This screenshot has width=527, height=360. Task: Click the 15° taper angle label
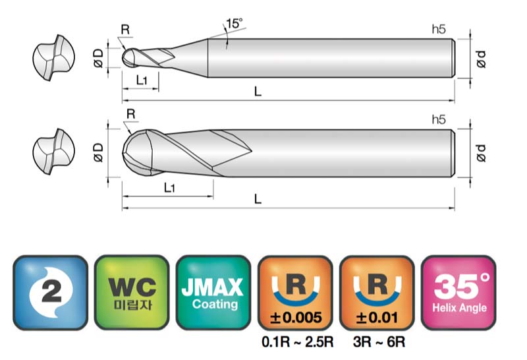point(235,24)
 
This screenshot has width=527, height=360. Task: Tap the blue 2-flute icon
point(51,292)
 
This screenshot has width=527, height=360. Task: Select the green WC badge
point(132,292)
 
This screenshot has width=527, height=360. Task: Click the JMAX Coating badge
point(213,292)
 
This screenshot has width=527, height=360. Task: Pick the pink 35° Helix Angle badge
point(458,292)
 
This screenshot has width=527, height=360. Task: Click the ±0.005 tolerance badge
point(295,292)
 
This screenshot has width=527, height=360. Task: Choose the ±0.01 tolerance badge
point(377,292)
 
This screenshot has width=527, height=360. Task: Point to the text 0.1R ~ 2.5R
point(298,342)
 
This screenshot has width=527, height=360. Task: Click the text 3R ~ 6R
point(379,342)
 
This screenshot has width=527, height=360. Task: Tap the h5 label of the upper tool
point(439,29)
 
